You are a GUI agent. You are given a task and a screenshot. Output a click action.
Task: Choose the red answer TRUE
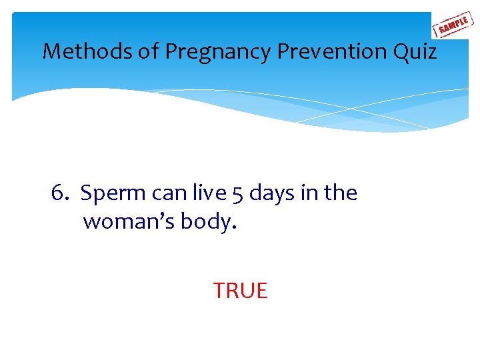pos(240,291)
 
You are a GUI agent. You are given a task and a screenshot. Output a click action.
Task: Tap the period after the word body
pos(233,227)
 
